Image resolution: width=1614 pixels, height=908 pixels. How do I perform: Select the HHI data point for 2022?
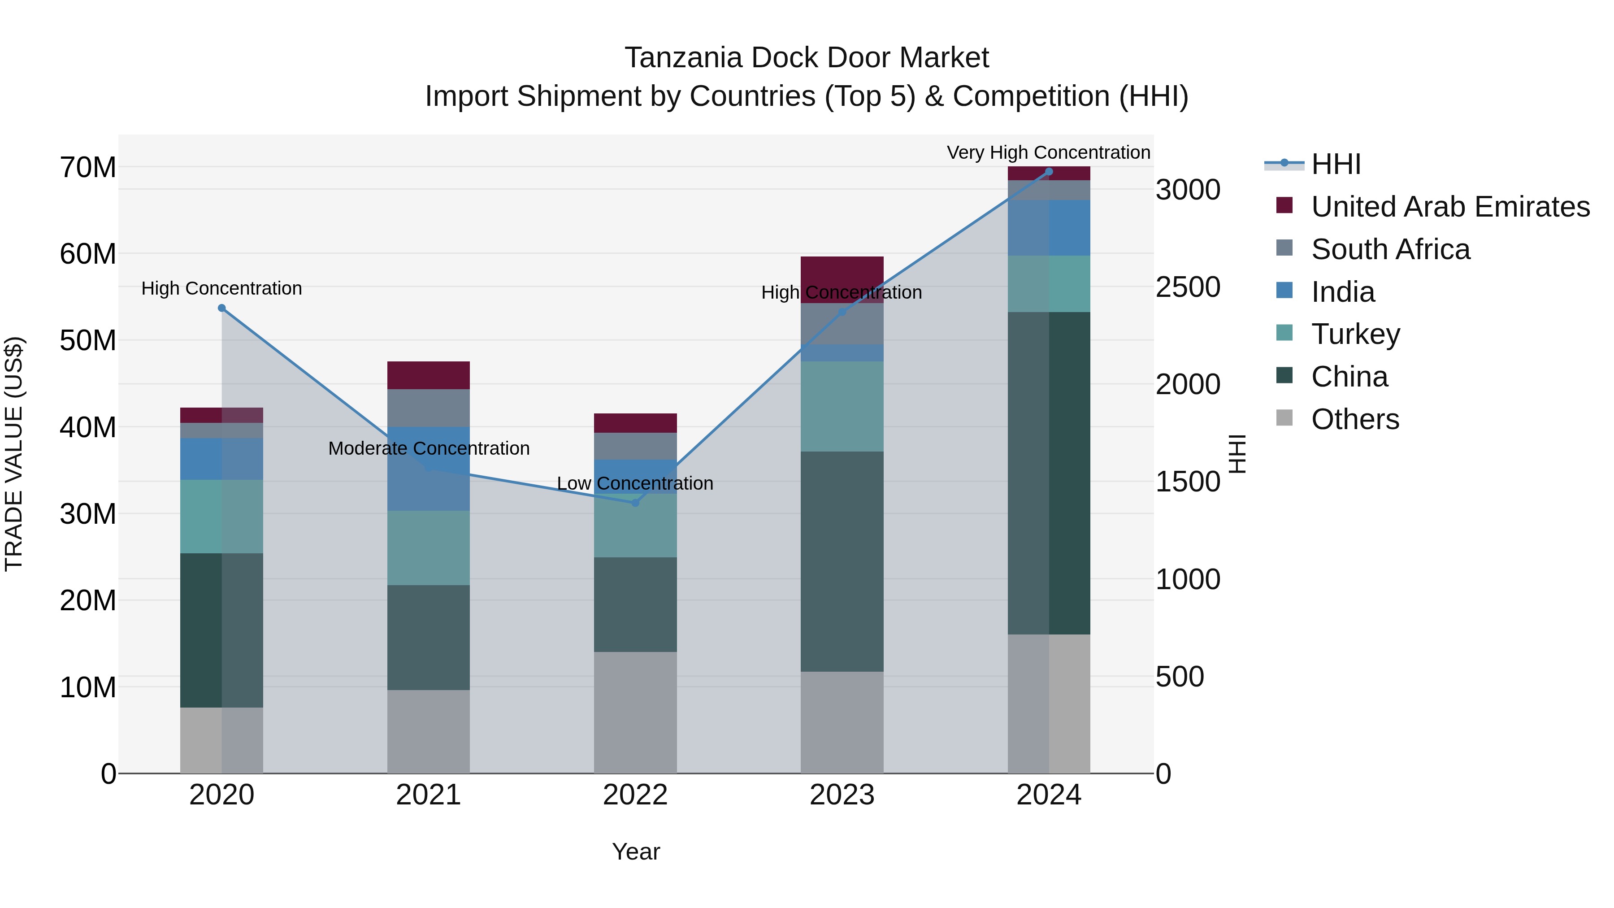(x=635, y=503)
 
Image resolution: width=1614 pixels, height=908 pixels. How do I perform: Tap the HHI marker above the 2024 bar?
(x=1049, y=172)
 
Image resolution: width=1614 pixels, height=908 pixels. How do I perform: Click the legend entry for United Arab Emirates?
(x=1450, y=207)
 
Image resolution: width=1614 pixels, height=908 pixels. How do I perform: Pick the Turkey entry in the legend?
(x=1355, y=334)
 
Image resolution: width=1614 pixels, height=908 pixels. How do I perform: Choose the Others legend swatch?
(x=1284, y=418)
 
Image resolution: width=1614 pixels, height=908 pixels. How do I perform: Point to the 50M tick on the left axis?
(x=88, y=341)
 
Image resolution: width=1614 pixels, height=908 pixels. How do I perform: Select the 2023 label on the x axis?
(x=842, y=795)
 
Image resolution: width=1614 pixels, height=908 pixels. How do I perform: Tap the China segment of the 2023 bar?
(x=842, y=561)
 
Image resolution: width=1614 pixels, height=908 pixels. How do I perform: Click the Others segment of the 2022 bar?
(x=635, y=712)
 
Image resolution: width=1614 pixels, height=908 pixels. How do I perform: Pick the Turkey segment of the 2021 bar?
(x=428, y=547)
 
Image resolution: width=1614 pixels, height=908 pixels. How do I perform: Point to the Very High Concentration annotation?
(x=1048, y=152)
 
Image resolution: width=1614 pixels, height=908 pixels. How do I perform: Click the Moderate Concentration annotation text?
(x=429, y=449)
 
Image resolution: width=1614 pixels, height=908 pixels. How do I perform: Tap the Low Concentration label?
(x=635, y=484)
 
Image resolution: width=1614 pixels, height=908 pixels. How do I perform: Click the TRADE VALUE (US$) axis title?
(x=14, y=454)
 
